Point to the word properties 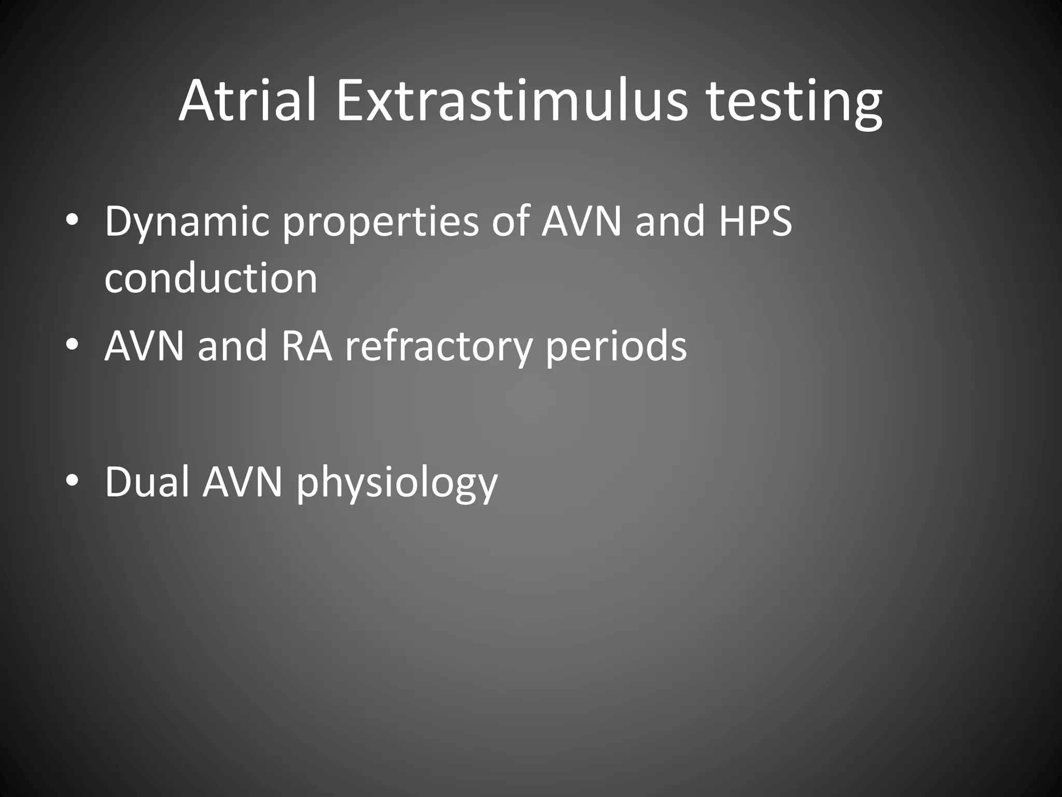[x=381, y=222]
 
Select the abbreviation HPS [x=756, y=221]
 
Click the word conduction [x=211, y=278]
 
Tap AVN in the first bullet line [x=581, y=221]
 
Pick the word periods [x=616, y=347]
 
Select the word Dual [x=146, y=482]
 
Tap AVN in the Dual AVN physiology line [x=242, y=482]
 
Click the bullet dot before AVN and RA [x=72, y=345]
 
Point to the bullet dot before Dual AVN [x=72, y=480]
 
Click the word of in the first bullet [x=510, y=221]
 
